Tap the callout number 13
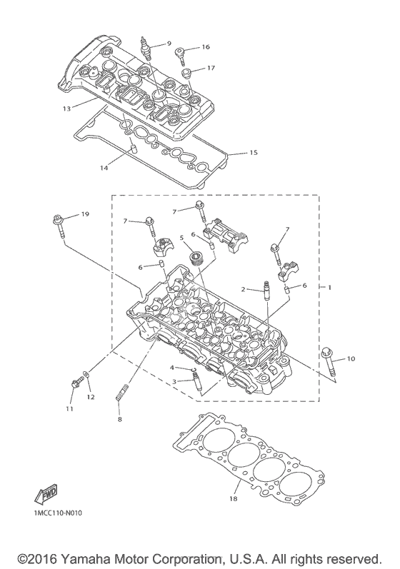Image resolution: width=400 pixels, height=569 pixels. (67, 108)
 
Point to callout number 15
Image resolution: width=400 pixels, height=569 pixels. (254, 152)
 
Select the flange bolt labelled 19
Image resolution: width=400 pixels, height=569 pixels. (59, 226)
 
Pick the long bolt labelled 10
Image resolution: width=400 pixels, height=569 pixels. (329, 363)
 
